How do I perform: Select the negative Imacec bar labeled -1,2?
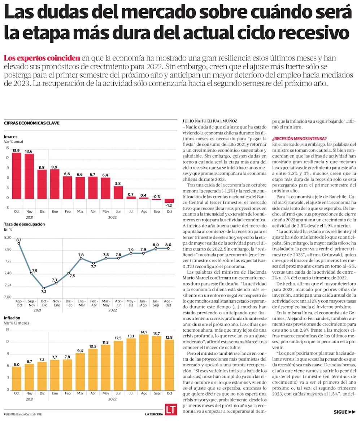pos(169,200)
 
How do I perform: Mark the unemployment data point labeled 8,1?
pos(18,244)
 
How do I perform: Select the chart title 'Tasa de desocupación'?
pos(24,224)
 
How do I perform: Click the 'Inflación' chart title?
pos(12,318)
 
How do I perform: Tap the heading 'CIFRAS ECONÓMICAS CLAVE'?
pos(32,123)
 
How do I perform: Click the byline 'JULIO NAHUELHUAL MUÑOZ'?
pos(210,121)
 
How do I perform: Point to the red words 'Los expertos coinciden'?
pos(42,58)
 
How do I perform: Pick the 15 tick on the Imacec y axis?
pos(7,148)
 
